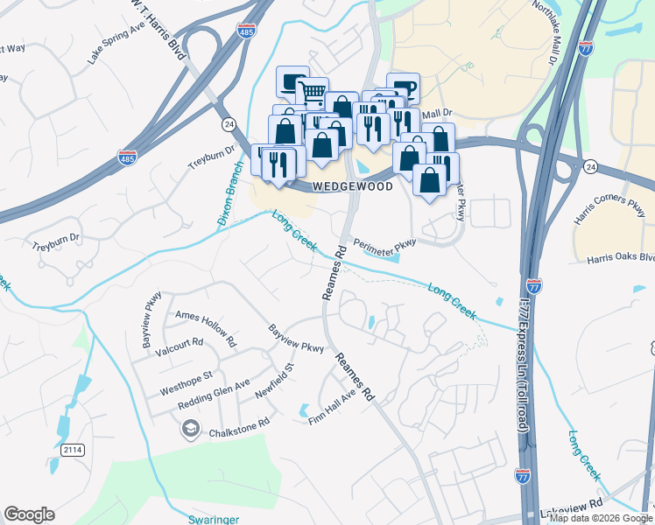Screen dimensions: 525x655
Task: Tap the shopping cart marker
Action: tap(312, 91)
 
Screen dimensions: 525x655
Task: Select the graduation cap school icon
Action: tap(189, 429)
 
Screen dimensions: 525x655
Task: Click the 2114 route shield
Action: tap(74, 450)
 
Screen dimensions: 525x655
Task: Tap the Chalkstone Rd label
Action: tap(238, 432)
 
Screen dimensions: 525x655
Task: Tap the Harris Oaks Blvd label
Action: tap(621, 257)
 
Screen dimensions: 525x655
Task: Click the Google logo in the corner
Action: tap(29, 514)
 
